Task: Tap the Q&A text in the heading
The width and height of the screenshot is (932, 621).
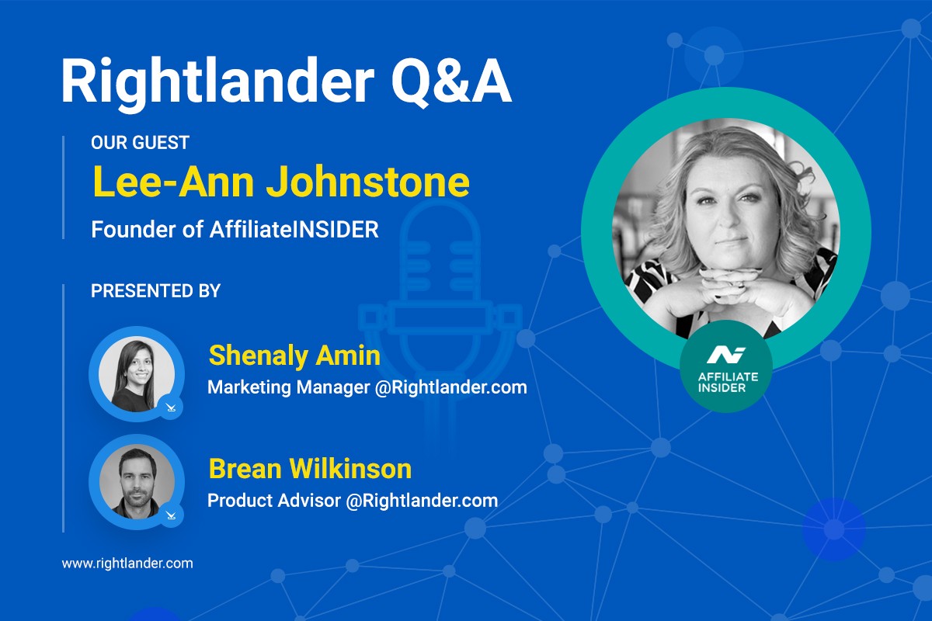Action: tap(452, 82)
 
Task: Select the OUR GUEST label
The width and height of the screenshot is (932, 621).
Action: tap(141, 143)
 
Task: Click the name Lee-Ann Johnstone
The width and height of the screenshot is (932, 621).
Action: tap(281, 182)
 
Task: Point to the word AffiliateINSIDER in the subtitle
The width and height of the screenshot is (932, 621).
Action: tap(294, 230)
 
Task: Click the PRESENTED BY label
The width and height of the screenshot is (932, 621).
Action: tap(155, 291)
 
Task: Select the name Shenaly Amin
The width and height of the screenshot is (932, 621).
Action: tap(294, 356)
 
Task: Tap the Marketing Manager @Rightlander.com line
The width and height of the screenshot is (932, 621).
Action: tap(367, 387)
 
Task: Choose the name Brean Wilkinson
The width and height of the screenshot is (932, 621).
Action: tap(310, 469)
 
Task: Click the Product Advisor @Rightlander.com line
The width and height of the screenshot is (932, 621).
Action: tap(353, 501)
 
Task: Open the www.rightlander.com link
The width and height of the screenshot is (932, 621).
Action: tap(127, 564)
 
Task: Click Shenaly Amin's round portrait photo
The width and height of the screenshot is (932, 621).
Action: tap(137, 373)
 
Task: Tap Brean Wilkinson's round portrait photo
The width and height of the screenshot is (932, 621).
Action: tap(137, 481)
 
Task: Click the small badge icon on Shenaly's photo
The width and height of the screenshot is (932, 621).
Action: tap(171, 407)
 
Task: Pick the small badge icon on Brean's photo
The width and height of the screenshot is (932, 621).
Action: tap(171, 515)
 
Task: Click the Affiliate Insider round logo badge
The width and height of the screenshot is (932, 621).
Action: tap(726, 366)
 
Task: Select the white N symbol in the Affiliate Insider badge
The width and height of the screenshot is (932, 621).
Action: tap(726, 355)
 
